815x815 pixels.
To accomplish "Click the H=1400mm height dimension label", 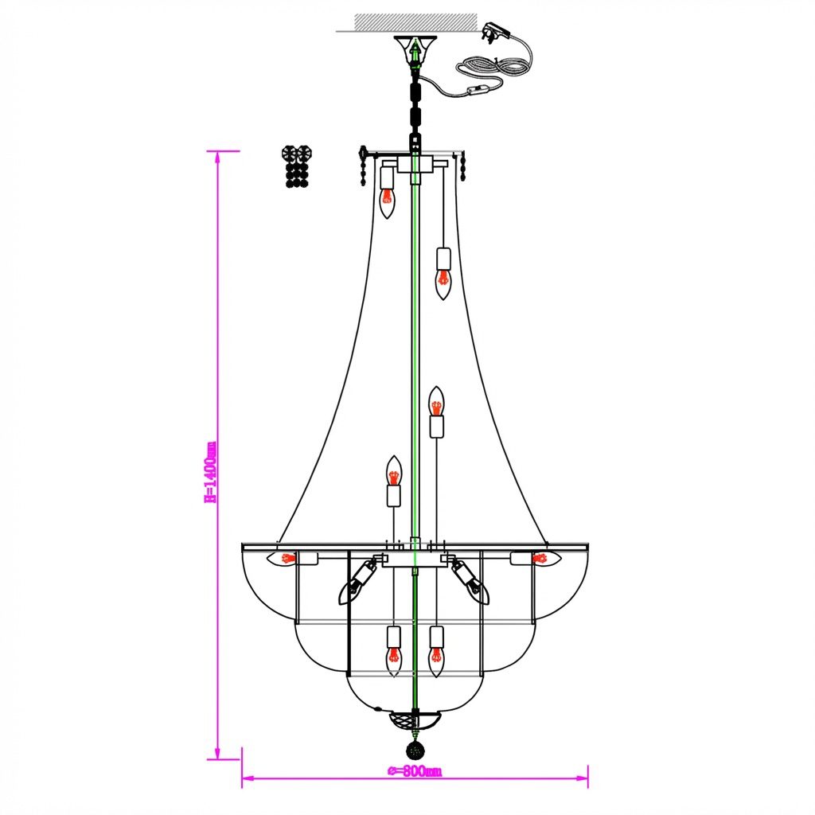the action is (210, 473).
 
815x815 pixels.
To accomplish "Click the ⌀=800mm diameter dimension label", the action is (415, 771).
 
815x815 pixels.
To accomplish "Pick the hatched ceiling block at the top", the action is (415, 21).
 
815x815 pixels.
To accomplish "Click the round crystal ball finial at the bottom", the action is (415, 750).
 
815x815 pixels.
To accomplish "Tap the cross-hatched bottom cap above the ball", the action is (415, 719).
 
